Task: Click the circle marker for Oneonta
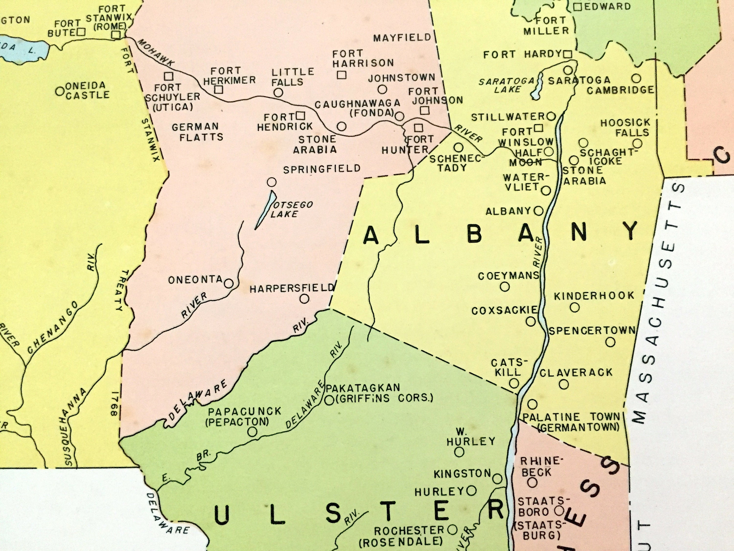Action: click(228, 283)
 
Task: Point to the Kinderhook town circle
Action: click(575, 308)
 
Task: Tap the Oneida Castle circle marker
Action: click(60, 91)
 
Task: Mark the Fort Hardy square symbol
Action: click(568, 54)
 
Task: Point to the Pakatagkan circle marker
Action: click(329, 400)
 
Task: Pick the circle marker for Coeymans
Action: click(505, 287)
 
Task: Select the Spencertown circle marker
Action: click(610, 342)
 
